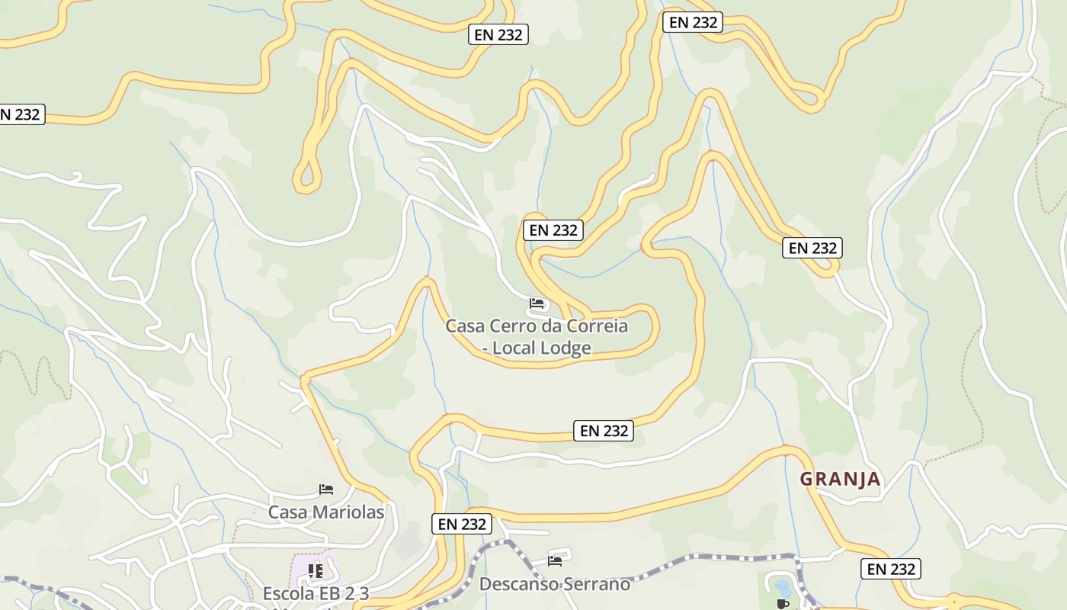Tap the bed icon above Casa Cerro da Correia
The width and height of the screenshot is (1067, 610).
(x=537, y=303)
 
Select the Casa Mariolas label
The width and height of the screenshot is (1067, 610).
(x=325, y=512)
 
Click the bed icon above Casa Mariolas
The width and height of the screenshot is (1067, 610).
(x=326, y=489)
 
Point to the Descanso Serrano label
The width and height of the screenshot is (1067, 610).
(x=554, y=584)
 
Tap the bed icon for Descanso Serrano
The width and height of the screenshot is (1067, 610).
(x=555, y=561)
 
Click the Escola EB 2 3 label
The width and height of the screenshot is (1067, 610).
(x=316, y=593)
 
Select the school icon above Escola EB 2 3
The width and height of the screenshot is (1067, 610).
(x=316, y=570)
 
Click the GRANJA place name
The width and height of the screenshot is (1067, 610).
(x=840, y=480)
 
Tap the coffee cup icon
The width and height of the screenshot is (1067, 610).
(x=782, y=604)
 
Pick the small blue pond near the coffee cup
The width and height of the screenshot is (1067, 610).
(x=781, y=586)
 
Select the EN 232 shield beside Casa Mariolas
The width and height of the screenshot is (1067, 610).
(x=462, y=524)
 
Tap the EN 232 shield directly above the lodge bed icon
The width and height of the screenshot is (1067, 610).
(x=553, y=230)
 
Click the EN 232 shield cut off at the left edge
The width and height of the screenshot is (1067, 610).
(x=21, y=114)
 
